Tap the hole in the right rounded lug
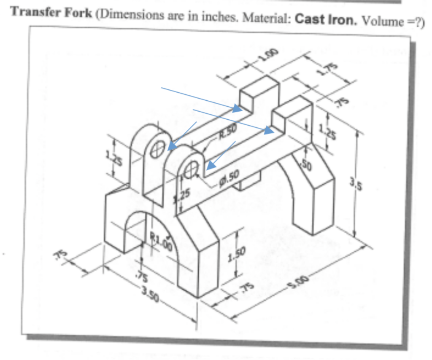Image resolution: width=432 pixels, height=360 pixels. click(x=191, y=170)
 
